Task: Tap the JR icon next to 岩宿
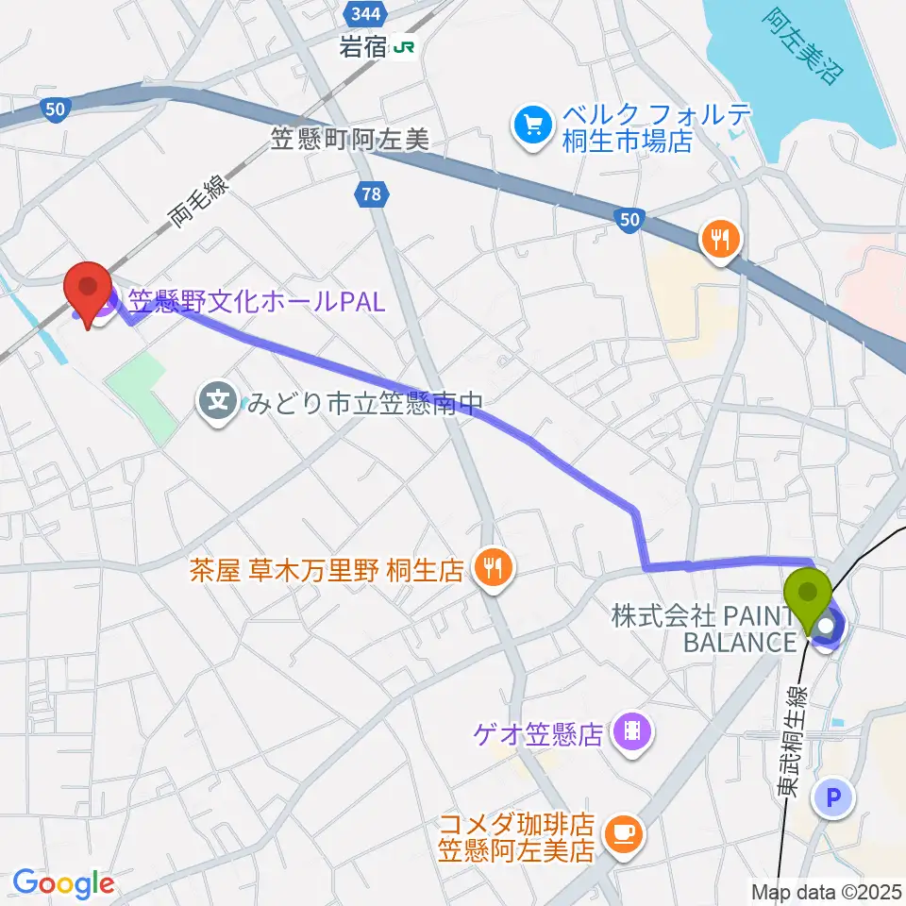pos(405,46)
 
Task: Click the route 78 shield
pos(371,194)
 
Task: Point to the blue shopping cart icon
pos(532,127)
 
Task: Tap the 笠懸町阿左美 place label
pos(349,141)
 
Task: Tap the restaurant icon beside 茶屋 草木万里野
pos(493,569)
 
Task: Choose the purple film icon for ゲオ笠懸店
pos(628,731)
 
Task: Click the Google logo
pos(63,882)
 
